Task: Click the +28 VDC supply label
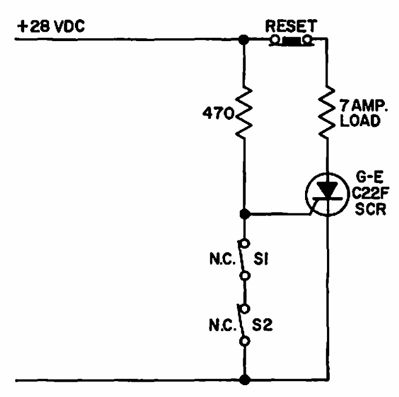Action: pos(51,26)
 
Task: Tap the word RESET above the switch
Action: pos(291,26)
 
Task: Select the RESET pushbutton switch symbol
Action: pos(292,41)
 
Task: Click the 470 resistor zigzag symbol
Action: pos(244,113)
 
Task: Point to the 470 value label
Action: pos(218,113)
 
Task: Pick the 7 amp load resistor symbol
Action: pos(327,112)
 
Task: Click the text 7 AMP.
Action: pos(364,106)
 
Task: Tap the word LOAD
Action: pos(360,121)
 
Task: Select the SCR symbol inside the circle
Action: pos(327,194)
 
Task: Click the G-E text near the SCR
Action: pos(370,177)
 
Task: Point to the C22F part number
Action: pos(370,194)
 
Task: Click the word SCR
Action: pos(370,209)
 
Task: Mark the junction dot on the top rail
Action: pos(244,40)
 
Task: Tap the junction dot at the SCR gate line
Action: pos(245,214)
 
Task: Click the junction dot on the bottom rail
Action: pos(245,380)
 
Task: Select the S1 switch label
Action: pos(261,259)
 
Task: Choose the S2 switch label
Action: pos(262,325)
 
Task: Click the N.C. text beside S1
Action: pos(222,259)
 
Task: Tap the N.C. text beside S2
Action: pos(222,325)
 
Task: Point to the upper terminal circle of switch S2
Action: pos(245,309)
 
